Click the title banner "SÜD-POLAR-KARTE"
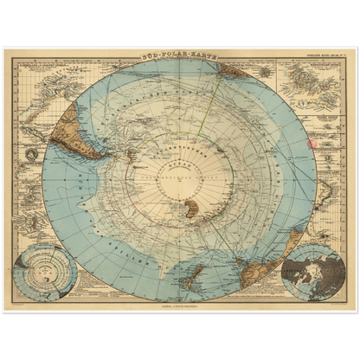tap(179, 54)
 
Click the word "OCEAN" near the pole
tap(178, 160)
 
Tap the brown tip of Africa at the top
tap(234, 71)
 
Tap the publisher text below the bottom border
tap(179, 305)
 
